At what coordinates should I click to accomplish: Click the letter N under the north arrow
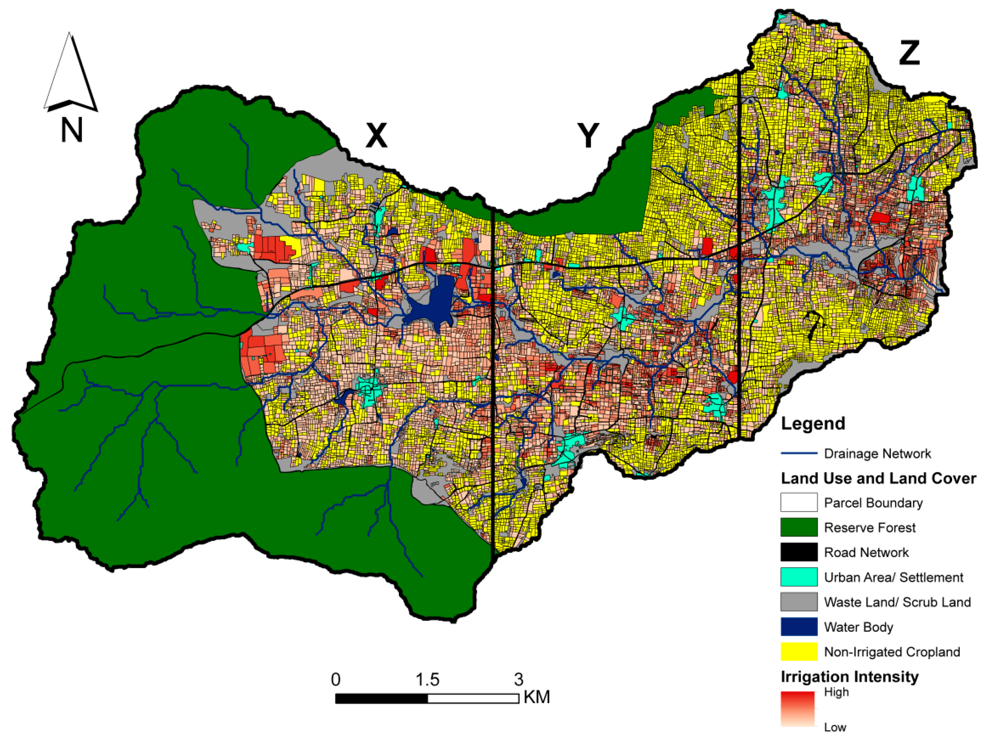click(72, 130)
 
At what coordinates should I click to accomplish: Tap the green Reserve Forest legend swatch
click(799, 527)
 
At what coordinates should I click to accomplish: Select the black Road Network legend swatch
click(799, 553)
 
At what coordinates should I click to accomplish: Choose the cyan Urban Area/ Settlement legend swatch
click(799, 577)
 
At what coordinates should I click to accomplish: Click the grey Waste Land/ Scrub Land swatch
click(799, 602)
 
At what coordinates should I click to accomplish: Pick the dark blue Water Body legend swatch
click(799, 627)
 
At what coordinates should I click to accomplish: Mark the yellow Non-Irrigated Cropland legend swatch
click(799, 652)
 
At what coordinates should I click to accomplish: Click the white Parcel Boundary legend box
click(799, 502)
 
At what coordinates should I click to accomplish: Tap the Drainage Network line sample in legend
click(799, 454)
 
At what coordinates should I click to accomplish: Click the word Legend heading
click(813, 423)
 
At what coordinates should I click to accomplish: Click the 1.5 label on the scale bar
click(427, 680)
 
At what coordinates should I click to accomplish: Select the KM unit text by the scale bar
click(536, 697)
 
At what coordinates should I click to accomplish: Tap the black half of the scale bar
click(382, 698)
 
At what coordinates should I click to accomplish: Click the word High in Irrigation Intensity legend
click(836, 692)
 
